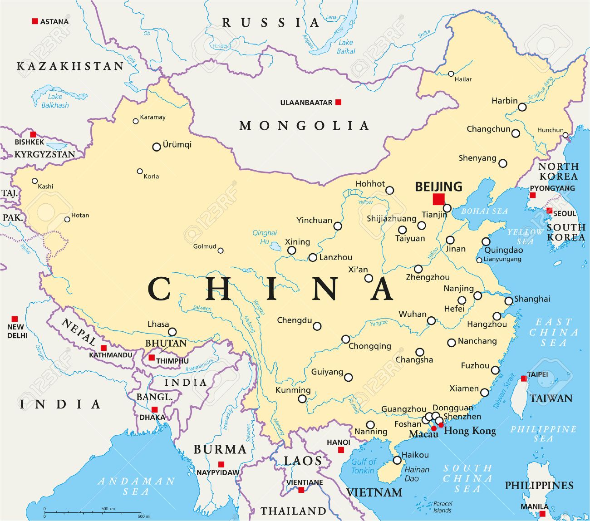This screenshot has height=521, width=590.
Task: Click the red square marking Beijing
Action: click(x=438, y=199)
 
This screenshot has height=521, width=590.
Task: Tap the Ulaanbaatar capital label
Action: click(x=306, y=103)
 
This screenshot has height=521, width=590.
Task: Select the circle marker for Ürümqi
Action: click(x=157, y=147)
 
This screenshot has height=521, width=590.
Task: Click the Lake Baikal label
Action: click(x=346, y=47)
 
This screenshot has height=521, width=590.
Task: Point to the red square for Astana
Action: click(x=34, y=21)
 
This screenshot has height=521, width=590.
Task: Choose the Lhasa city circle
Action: click(x=172, y=332)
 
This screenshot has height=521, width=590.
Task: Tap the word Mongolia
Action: click(x=304, y=126)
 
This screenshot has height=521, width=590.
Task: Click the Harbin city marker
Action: click(x=522, y=107)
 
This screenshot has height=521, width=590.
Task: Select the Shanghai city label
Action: click(x=532, y=299)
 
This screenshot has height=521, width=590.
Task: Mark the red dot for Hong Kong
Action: click(x=441, y=425)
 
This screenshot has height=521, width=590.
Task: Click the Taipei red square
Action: click(x=524, y=378)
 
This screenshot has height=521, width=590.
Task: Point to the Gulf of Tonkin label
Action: click(x=364, y=466)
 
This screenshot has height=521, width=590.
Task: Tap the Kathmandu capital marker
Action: click(x=103, y=348)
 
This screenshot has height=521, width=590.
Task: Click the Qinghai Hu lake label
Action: click(x=265, y=237)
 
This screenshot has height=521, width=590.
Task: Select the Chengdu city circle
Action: click(x=317, y=326)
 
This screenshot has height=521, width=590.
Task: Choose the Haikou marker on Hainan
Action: click(x=397, y=460)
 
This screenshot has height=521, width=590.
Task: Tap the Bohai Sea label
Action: click(x=484, y=211)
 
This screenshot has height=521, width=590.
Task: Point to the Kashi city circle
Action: click(x=34, y=181)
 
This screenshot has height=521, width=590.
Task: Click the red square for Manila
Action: click(x=542, y=514)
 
